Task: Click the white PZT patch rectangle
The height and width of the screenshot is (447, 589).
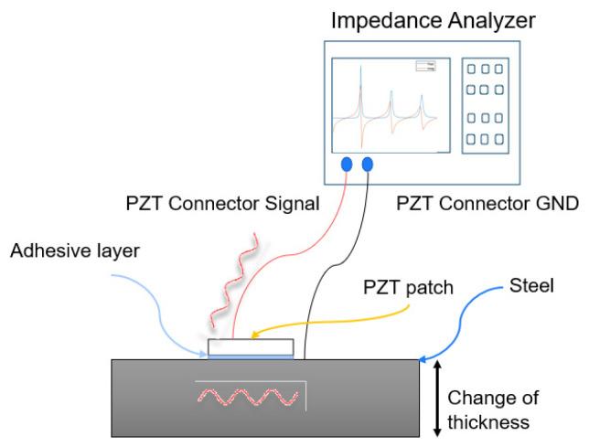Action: click(251, 346)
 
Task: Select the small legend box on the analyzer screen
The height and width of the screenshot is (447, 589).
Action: click(426, 66)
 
